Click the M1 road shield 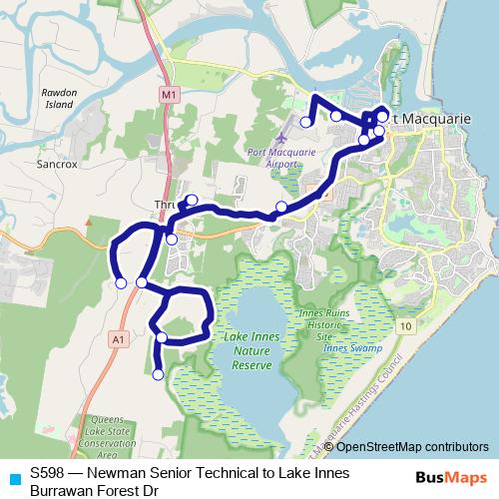click(168, 94)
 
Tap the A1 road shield click(119, 340)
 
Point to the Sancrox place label click(56, 160)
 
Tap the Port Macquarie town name click(429, 118)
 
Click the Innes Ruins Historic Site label click(325, 326)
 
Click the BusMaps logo click(455, 478)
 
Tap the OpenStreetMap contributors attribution click(412, 446)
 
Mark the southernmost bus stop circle click(158, 375)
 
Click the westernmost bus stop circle click(121, 283)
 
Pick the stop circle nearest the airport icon click(305, 122)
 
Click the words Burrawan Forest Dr click(95, 490)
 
